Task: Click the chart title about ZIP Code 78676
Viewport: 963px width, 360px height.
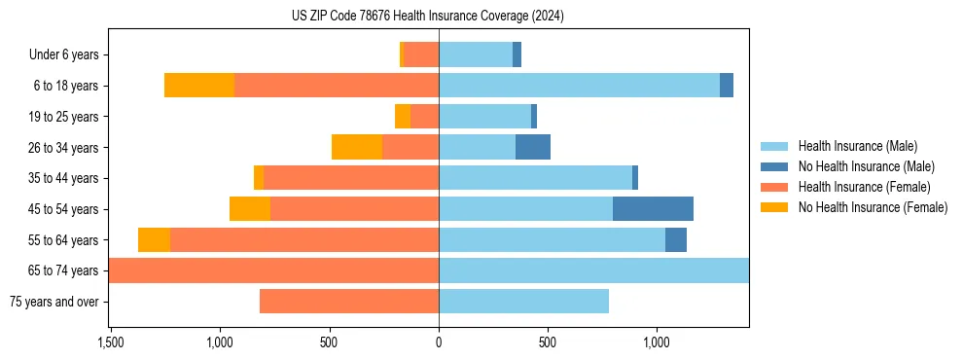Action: coord(428,16)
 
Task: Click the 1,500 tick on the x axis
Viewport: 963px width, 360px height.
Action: coord(110,342)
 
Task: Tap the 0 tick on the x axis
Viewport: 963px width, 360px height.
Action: coord(439,342)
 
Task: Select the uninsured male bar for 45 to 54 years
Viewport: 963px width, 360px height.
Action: coord(653,209)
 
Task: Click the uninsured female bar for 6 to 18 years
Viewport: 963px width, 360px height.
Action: coord(199,86)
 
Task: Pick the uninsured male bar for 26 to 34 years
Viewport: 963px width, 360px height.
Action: coord(533,147)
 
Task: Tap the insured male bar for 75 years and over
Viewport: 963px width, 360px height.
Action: coord(523,302)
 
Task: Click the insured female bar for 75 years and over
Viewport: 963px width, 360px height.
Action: coord(349,302)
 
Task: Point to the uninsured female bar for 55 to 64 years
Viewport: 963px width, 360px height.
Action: coord(154,240)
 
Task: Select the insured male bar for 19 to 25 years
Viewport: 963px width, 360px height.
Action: coord(484,117)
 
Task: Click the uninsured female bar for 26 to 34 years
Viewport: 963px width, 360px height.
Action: coord(357,147)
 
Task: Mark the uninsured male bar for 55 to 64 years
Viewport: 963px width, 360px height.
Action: coord(676,240)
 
